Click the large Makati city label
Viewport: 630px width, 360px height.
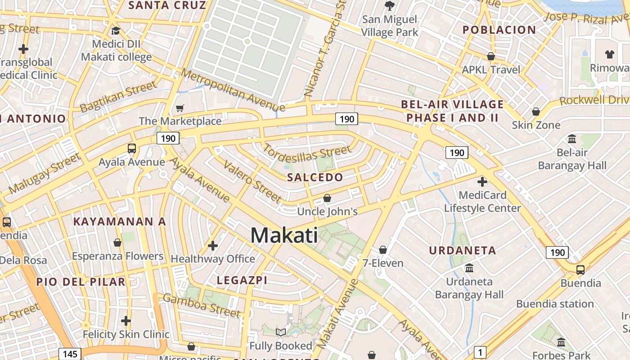point(284,235)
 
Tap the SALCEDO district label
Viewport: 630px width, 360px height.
point(315,177)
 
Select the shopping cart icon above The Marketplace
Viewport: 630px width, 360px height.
point(180,108)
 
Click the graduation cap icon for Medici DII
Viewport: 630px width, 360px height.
point(116,31)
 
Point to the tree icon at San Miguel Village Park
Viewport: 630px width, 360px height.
point(390,6)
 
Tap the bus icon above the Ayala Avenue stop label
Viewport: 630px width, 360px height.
point(132,148)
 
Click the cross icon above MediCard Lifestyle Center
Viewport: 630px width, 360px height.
point(482,182)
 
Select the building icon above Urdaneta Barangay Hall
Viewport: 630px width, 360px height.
point(469,268)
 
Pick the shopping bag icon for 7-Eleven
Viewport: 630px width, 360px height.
point(383,249)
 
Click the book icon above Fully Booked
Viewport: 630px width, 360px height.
point(281,333)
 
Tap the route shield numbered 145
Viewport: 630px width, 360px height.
point(70,354)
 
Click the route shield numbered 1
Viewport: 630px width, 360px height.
point(481,352)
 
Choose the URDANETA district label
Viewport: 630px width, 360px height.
point(463,251)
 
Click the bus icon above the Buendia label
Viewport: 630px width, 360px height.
point(580,270)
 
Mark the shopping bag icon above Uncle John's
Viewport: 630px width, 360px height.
point(327,198)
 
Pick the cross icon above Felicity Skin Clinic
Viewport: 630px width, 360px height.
point(126,321)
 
